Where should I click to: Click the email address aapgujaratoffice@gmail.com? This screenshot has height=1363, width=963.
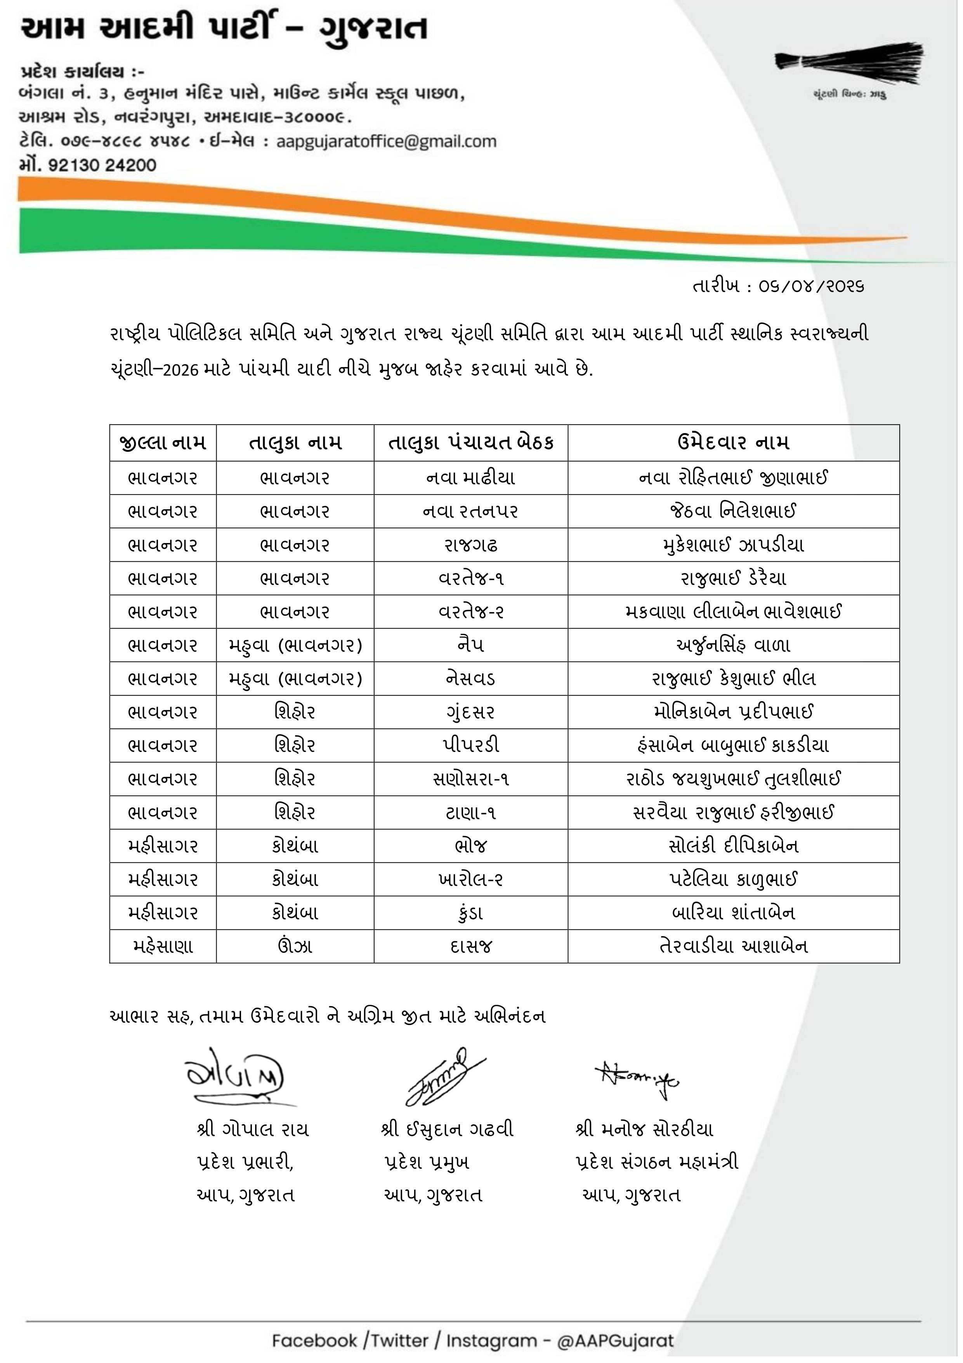tap(386, 141)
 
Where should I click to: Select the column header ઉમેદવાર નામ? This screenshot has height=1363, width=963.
tap(733, 443)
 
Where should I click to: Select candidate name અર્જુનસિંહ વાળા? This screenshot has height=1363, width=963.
tap(733, 645)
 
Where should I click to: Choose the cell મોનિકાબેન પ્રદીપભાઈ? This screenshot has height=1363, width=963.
tap(733, 712)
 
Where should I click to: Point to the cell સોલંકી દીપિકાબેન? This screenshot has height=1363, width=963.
tap(733, 845)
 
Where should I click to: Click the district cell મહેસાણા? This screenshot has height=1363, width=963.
tap(163, 946)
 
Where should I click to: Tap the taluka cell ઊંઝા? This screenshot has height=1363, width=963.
tap(295, 946)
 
